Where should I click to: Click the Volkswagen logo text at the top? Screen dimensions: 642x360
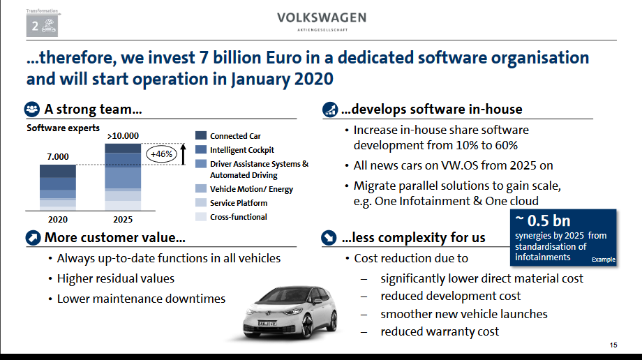pos(322,18)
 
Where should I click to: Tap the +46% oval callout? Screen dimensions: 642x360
pos(161,154)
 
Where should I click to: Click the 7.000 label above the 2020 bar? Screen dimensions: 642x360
pos(58,156)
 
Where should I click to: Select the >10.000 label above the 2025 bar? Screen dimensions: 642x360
pos(123,135)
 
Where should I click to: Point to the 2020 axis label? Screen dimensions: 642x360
pos(58,220)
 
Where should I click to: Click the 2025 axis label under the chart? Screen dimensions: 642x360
pos(123,220)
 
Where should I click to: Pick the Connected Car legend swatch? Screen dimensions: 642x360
pos(201,135)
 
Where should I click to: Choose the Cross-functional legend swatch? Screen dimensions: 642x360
pos(201,217)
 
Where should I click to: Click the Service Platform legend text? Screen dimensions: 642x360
pos(239,203)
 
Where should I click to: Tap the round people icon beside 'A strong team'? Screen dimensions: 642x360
pos(32,110)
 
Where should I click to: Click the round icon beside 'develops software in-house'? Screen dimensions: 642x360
pos(330,110)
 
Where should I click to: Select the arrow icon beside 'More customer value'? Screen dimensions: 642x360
pos(33,237)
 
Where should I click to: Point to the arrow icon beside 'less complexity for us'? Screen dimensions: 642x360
pos(329,237)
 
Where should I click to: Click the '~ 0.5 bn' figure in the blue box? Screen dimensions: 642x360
pos(542,220)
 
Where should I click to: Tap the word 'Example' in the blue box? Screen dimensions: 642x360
pos(604,260)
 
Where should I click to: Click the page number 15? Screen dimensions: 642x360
pos(613,345)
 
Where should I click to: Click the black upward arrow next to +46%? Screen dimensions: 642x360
pos(183,154)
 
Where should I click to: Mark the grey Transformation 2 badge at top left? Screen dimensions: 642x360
pos(42,26)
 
